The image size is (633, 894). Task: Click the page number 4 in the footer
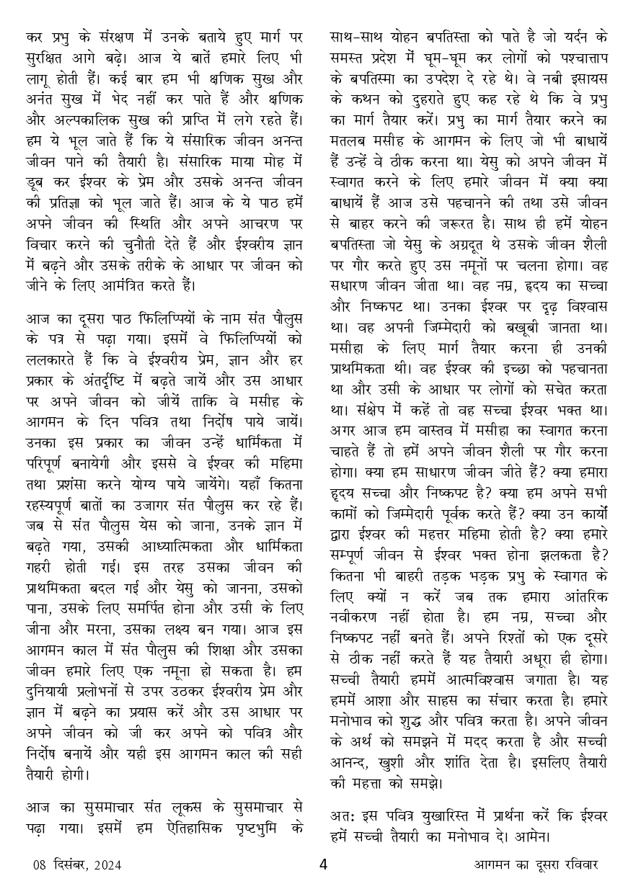(x=324, y=864)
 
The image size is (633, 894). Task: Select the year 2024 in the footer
(x=107, y=864)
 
